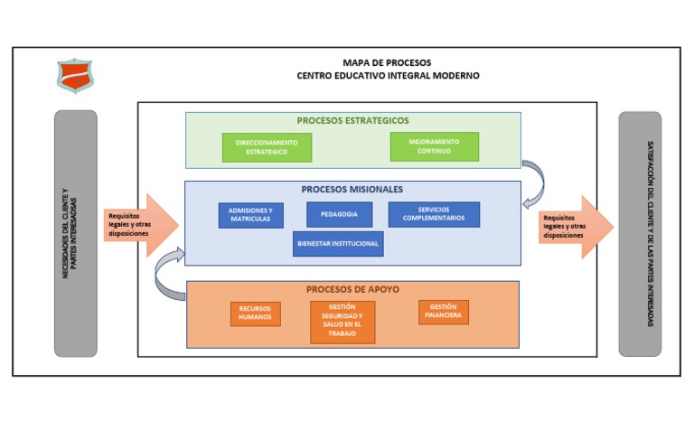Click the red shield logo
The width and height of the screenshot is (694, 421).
[x=74, y=75]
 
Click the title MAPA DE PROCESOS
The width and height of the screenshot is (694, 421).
[x=387, y=62]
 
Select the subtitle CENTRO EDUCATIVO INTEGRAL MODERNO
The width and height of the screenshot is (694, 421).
[x=388, y=76]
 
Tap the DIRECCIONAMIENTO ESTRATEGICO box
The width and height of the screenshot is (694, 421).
[x=267, y=147]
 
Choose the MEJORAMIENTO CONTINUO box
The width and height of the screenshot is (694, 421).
[x=434, y=146]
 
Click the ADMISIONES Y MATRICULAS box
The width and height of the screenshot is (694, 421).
[x=250, y=215]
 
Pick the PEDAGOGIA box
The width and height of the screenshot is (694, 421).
[x=339, y=215]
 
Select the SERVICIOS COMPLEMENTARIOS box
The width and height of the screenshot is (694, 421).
[x=434, y=215]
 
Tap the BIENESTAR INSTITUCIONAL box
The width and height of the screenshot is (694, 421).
[x=338, y=244]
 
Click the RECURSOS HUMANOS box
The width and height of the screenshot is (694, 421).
[x=255, y=313]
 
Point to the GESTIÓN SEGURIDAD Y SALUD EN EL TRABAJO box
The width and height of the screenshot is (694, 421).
[x=342, y=322]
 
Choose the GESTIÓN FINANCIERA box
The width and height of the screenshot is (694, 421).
[x=444, y=312]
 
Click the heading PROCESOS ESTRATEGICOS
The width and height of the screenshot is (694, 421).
[x=352, y=120]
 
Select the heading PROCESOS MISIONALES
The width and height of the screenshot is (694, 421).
[x=352, y=190]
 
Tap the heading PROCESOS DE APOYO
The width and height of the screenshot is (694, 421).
[x=352, y=290]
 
